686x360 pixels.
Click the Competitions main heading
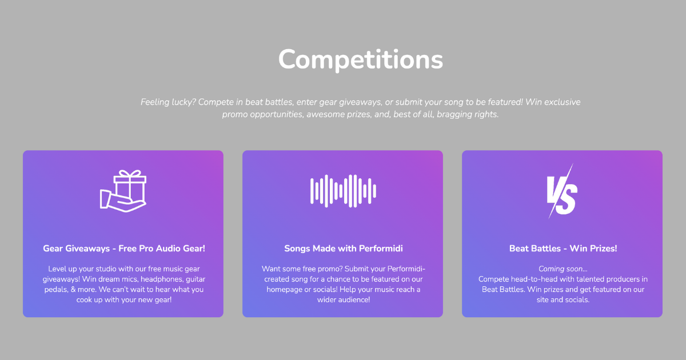(x=360, y=59)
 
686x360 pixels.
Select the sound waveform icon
(x=343, y=190)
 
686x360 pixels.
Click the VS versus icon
(x=562, y=191)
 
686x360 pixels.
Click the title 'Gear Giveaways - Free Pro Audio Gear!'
(x=123, y=249)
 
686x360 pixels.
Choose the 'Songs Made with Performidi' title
(x=343, y=249)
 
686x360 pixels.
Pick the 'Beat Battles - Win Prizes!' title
(x=563, y=249)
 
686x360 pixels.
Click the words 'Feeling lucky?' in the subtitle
(x=167, y=102)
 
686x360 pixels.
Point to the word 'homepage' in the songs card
(x=284, y=290)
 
